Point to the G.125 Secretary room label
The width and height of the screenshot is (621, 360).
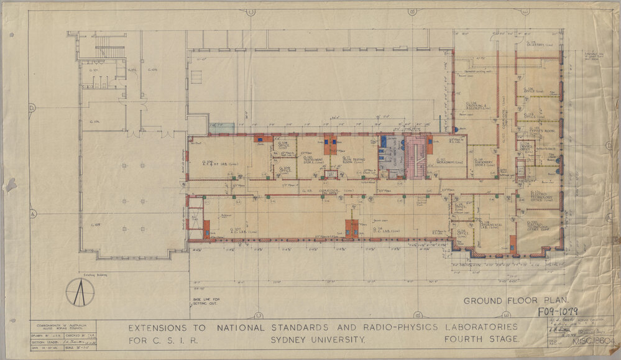(536, 44)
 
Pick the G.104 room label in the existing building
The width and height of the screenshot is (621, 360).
(94, 121)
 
